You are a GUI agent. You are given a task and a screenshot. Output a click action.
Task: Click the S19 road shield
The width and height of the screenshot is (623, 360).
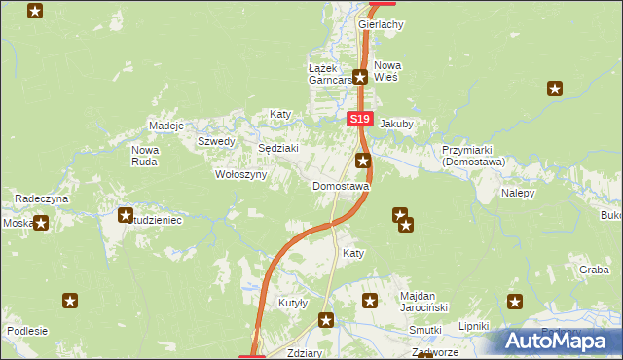click(360, 119)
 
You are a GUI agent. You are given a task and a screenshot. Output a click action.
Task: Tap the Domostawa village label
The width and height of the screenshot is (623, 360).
click(341, 186)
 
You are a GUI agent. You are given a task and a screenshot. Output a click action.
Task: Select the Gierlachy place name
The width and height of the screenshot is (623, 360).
click(381, 24)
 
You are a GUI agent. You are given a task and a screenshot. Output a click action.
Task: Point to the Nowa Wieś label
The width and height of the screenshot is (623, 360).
click(387, 71)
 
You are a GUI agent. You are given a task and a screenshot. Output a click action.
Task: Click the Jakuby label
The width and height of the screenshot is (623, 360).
click(397, 125)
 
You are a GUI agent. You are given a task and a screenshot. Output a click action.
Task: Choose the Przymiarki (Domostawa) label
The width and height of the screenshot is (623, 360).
click(471, 157)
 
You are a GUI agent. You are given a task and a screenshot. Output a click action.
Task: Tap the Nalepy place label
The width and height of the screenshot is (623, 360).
click(519, 194)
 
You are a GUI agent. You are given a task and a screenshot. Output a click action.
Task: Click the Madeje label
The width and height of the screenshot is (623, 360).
click(166, 126)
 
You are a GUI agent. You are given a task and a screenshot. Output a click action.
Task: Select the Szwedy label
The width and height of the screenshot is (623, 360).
click(216, 141)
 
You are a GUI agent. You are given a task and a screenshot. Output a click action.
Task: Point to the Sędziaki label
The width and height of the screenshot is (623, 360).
click(276, 148)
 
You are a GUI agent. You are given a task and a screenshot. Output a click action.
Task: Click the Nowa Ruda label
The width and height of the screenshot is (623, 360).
click(145, 156)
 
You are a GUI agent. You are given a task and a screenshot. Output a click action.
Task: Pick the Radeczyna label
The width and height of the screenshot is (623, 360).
click(40, 198)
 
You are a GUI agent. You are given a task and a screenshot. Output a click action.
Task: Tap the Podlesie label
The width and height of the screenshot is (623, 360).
click(27, 331)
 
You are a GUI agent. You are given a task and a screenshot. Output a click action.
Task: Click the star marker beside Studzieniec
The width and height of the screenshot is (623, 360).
click(125, 215)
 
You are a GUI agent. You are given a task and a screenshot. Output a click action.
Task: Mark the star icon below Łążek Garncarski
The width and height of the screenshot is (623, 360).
click(360, 77)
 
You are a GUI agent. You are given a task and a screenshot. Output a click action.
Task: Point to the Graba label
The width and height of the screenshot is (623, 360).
click(593, 270)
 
